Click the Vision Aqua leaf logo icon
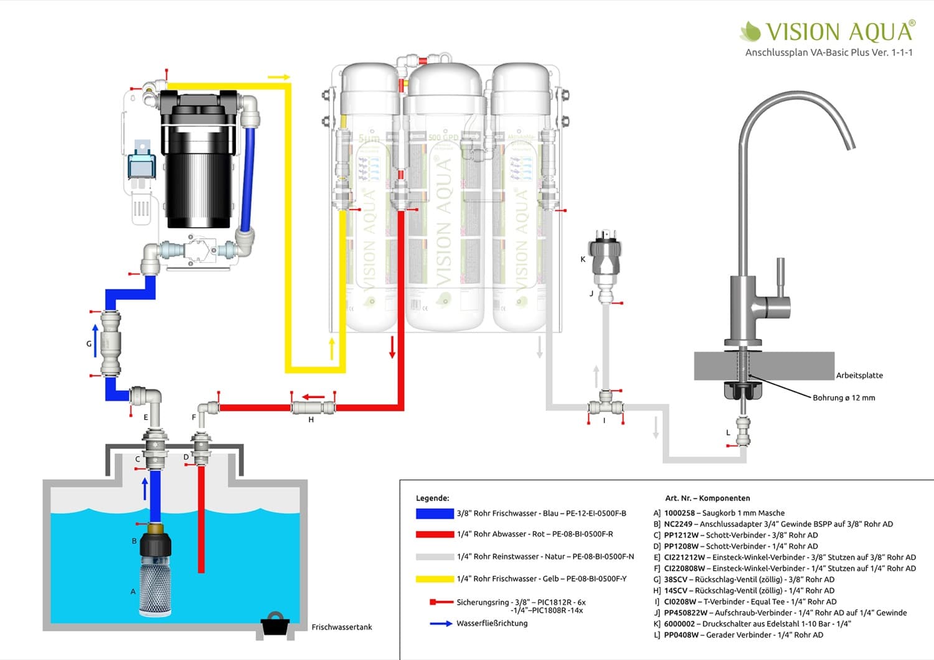tap(750, 31)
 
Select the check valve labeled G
tap(110, 343)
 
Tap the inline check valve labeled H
tap(313, 408)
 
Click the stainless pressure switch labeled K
tap(605, 255)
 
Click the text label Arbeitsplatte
tap(859, 375)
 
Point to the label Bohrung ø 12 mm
tap(844, 397)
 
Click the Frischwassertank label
tap(342, 627)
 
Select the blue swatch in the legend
tap(435, 514)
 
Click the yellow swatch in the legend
tap(435, 579)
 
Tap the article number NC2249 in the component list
tap(678, 524)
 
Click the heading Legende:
tap(432, 498)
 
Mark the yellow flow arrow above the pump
tap(279, 77)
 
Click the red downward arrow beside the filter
tap(392, 346)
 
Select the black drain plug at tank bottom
tap(275, 624)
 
